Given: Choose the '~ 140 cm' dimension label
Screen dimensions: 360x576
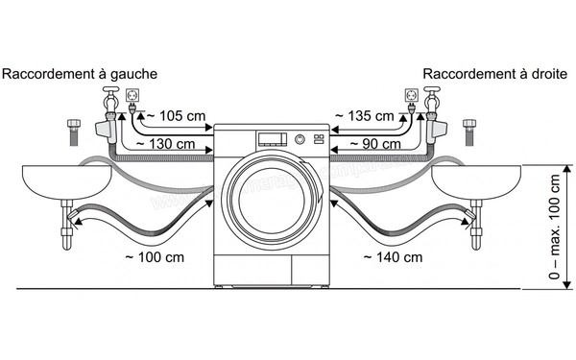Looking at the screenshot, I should [393, 256].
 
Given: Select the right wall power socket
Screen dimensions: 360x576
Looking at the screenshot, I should [412, 96].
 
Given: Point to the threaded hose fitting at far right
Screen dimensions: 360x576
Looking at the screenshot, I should [469, 131].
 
